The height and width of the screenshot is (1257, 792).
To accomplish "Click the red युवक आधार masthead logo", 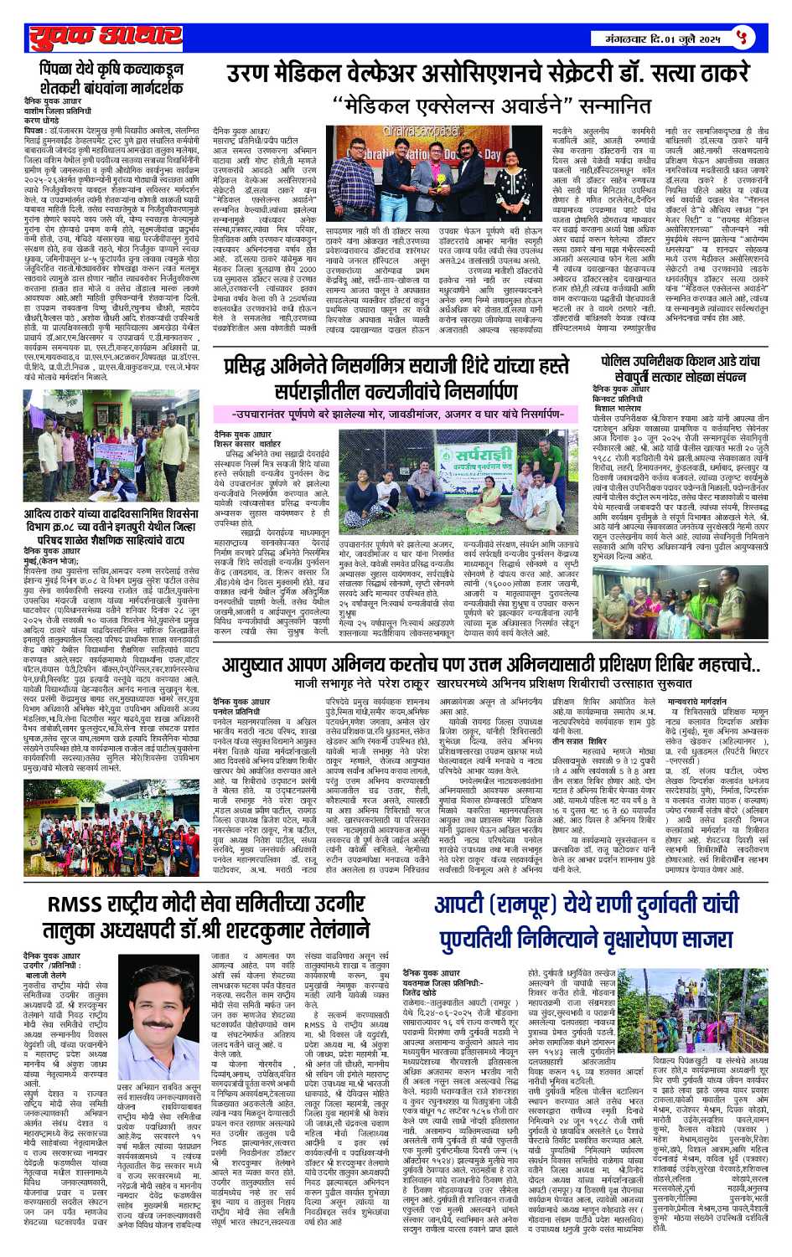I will (x=106, y=38).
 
